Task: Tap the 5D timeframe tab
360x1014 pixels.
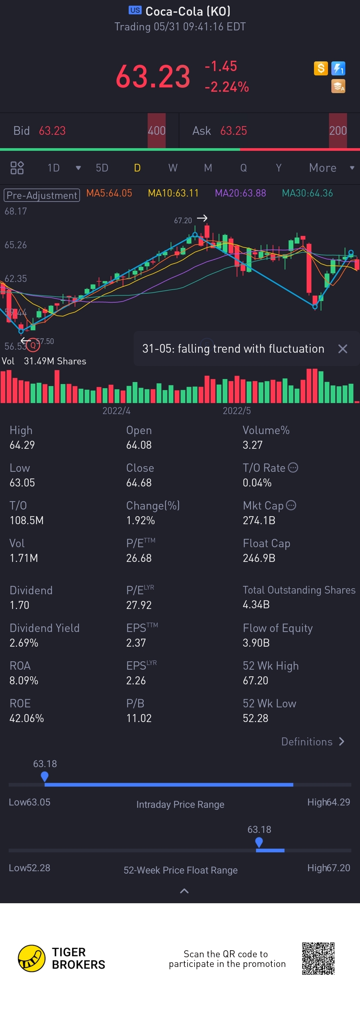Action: [x=102, y=168]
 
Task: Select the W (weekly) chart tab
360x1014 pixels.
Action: [x=173, y=168]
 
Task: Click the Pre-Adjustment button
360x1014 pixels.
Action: [x=42, y=195]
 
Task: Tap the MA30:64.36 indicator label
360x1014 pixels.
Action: [x=307, y=193]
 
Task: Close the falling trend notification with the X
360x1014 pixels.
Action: [x=343, y=349]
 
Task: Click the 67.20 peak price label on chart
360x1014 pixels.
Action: [x=183, y=221]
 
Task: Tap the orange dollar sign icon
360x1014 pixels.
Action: [x=321, y=68]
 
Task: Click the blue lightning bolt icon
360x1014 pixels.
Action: [x=338, y=68]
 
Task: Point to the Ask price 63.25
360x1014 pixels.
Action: [x=233, y=131]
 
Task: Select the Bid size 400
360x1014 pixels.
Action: [x=157, y=131]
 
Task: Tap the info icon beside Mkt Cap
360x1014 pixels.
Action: [x=291, y=505]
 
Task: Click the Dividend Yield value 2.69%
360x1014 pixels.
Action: [x=24, y=643]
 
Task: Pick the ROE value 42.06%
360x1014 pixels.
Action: [x=27, y=718]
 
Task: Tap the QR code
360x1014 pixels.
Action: [x=318, y=959]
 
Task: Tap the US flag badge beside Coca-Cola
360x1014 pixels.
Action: [x=135, y=10]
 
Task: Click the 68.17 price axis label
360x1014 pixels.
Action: [x=16, y=212]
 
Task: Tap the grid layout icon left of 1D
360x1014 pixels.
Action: [x=17, y=168]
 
